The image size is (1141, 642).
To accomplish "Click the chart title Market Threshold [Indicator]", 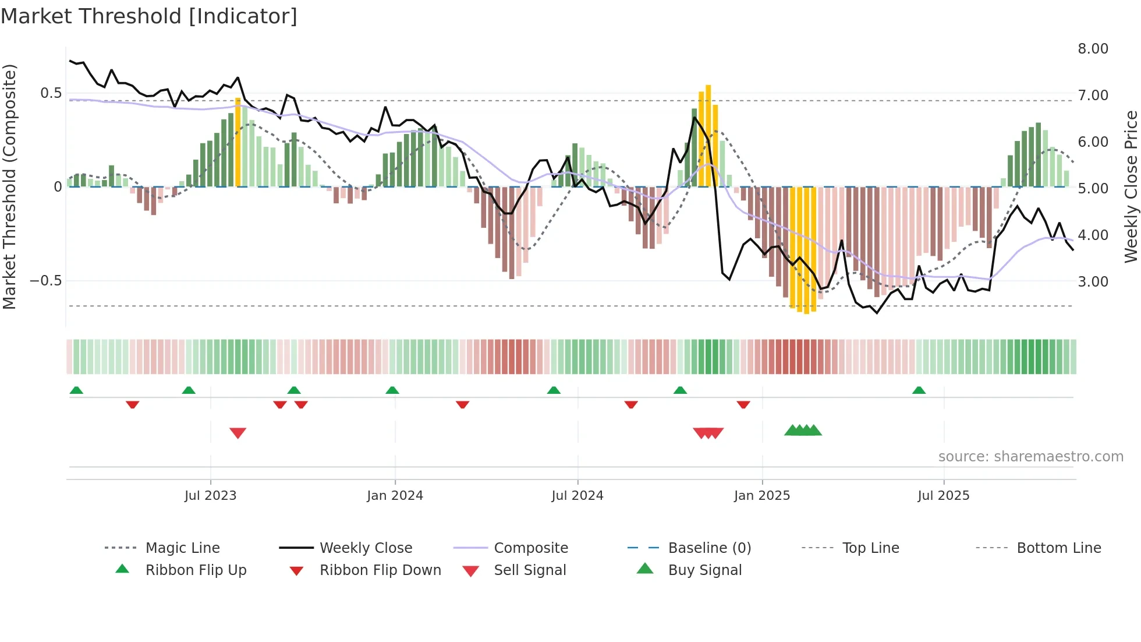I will (x=149, y=16).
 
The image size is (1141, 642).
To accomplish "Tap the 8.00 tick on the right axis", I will (x=1093, y=49).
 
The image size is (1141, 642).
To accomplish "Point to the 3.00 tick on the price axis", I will (x=1093, y=282).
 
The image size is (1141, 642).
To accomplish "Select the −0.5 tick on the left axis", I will (x=46, y=281).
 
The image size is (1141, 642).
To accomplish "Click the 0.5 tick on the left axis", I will (x=51, y=93).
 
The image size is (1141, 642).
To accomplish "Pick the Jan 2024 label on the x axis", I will (x=395, y=496).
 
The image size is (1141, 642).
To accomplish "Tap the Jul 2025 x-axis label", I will (x=943, y=496).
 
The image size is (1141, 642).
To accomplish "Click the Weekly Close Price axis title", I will (x=1131, y=186).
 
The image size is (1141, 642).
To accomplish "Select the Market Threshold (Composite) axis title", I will (x=9, y=186).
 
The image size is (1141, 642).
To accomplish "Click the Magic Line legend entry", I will (x=182, y=548).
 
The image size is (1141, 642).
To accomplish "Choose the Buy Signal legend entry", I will (x=704, y=570).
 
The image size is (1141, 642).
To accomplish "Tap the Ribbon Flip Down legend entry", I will (x=380, y=570).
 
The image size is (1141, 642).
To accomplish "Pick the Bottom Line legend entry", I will (x=1058, y=548).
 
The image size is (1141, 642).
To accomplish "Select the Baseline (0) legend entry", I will (x=709, y=548).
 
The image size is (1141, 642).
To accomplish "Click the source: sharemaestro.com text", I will (x=1030, y=457).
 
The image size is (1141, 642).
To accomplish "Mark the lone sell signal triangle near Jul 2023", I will (x=238, y=433).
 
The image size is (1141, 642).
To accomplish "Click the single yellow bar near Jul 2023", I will (x=238, y=143).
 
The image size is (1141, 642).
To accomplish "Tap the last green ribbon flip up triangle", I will (x=919, y=390).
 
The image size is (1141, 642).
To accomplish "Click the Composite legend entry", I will (x=530, y=548).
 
